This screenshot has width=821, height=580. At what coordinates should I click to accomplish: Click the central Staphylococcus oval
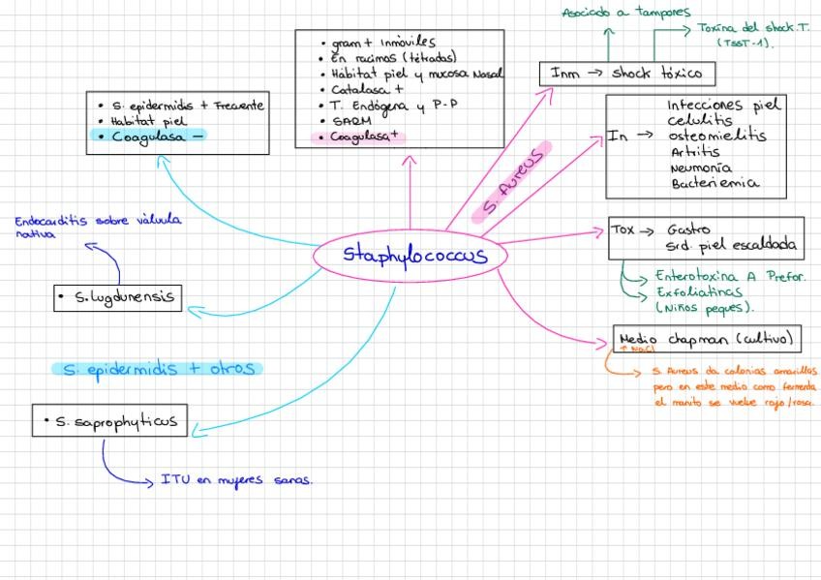tap(411, 256)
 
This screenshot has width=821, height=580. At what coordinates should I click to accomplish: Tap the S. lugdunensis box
tap(118, 297)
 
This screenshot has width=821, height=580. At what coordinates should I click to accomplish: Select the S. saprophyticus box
tap(109, 421)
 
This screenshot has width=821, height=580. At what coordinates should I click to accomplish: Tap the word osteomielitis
tap(716, 137)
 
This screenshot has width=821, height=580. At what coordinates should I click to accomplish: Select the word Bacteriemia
tap(715, 182)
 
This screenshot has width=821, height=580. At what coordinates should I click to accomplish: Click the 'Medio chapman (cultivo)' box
tap(708, 339)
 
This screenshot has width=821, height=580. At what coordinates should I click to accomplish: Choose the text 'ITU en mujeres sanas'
tap(236, 479)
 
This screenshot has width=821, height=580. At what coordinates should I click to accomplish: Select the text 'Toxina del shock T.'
tap(752, 28)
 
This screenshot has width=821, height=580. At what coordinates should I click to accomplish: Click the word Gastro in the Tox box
tap(688, 230)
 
